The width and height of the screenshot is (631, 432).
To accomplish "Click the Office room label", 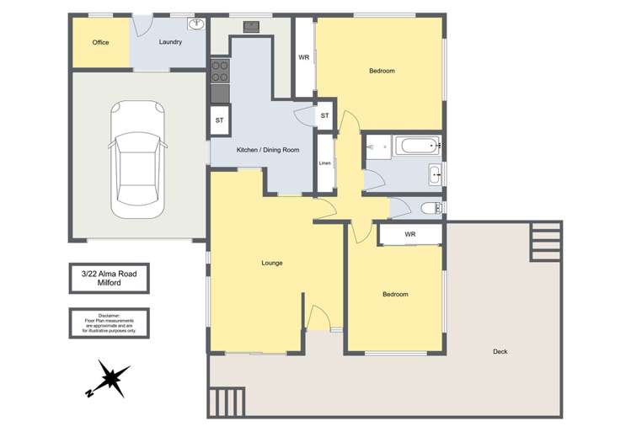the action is pyautogui.click(x=100, y=42).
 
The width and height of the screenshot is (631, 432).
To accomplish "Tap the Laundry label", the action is pyautogui.click(x=170, y=42).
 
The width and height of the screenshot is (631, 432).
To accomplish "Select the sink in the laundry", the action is pyautogui.click(x=197, y=24).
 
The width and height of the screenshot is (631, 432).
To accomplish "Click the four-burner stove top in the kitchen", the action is pyautogui.click(x=220, y=71).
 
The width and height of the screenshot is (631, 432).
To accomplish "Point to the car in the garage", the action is pyautogui.click(x=137, y=159).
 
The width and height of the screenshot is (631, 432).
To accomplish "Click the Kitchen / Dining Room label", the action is pyautogui.click(x=268, y=150).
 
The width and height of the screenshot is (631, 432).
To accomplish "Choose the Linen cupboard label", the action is pyautogui.click(x=324, y=163).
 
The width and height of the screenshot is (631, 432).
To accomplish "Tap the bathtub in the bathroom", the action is pyautogui.click(x=418, y=145).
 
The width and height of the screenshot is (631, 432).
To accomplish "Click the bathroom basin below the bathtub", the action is pyautogui.click(x=435, y=175).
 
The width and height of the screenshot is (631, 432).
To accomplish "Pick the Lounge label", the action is pyautogui.click(x=272, y=263).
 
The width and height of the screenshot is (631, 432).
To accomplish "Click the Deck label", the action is pyautogui.click(x=500, y=351).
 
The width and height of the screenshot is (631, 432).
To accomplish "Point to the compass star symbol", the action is pyautogui.click(x=109, y=378).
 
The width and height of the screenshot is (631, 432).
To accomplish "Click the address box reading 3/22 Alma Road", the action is pyautogui.click(x=109, y=278).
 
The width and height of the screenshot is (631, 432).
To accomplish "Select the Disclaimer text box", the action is pyautogui.click(x=109, y=323).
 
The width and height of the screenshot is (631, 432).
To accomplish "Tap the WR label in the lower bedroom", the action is pyautogui.click(x=410, y=234).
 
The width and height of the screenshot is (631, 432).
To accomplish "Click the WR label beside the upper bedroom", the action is pyautogui.click(x=304, y=57).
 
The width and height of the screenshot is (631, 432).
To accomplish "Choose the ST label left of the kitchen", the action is pyautogui.click(x=219, y=120).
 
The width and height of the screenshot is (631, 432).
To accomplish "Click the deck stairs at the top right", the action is pyautogui.click(x=546, y=242).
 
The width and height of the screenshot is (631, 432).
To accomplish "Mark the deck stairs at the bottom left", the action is pyautogui.click(x=226, y=403).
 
